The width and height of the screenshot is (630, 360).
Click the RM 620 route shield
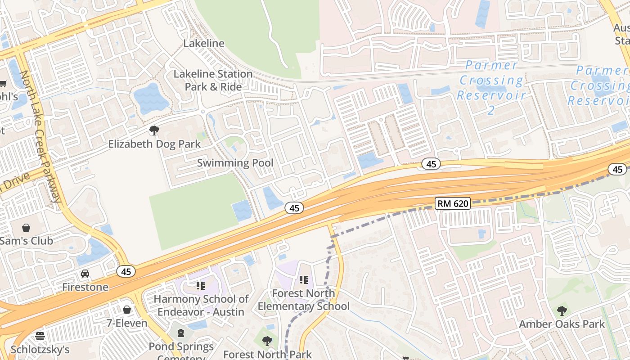click(453, 203)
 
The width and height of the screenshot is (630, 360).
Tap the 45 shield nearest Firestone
click(126, 271)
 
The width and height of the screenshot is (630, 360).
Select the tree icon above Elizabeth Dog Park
click(154, 131)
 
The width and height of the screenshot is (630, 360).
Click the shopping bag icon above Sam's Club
click(26, 228)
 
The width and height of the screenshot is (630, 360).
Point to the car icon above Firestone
click(85, 274)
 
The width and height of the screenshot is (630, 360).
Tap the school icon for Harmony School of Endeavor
click(201, 285)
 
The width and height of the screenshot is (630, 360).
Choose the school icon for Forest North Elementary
click(304, 280)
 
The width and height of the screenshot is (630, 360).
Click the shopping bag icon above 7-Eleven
click(127, 310)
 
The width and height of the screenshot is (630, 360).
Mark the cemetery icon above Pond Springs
click(181, 333)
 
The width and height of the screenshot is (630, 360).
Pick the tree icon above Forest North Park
click(267, 341)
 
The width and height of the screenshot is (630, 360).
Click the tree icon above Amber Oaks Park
click(562, 310)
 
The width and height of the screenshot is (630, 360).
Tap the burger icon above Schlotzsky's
click(40, 336)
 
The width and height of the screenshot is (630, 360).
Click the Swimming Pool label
click(235, 163)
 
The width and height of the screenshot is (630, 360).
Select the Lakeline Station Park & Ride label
click(213, 80)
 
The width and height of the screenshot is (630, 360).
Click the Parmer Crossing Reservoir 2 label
click(491, 87)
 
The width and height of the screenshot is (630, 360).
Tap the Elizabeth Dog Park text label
click(154, 144)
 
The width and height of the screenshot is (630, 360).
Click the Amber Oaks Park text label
click(562, 324)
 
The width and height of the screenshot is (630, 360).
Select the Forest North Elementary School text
click(304, 300)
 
